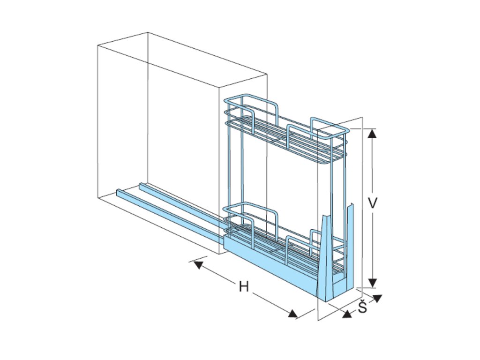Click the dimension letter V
point(373,203)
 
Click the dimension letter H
point(243,286)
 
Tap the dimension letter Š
point(362,307)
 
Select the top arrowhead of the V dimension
point(372,134)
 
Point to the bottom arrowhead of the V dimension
point(372,282)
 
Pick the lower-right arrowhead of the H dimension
point(293,313)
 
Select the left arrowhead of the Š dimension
point(347,314)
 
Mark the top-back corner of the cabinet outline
point(148,32)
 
